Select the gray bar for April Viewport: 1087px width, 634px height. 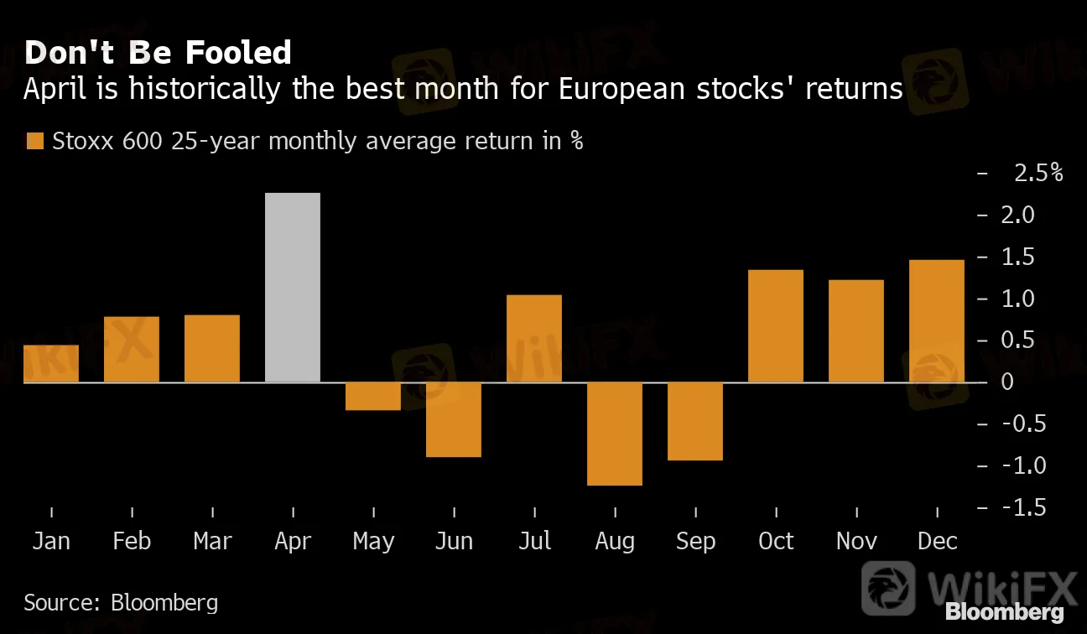click(x=292, y=288)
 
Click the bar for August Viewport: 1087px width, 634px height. click(x=615, y=434)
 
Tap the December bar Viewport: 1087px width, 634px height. click(x=937, y=321)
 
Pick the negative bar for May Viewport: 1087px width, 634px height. click(x=373, y=396)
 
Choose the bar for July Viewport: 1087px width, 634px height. click(x=534, y=339)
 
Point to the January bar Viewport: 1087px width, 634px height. click(x=51, y=364)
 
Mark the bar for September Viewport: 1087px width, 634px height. click(x=695, y=421)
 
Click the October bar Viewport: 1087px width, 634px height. click(x=776, y=326)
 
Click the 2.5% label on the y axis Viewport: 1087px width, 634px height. click(x=1038, y=174)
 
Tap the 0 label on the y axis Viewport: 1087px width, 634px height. click(x=1006, y=382)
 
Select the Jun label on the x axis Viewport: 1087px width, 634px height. click(x=454, y=541)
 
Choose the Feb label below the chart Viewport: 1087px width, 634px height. click(x=132, y=541)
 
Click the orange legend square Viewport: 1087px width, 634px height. click(x=34, y=141)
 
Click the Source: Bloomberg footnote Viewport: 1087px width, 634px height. click(x=121, y=602)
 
